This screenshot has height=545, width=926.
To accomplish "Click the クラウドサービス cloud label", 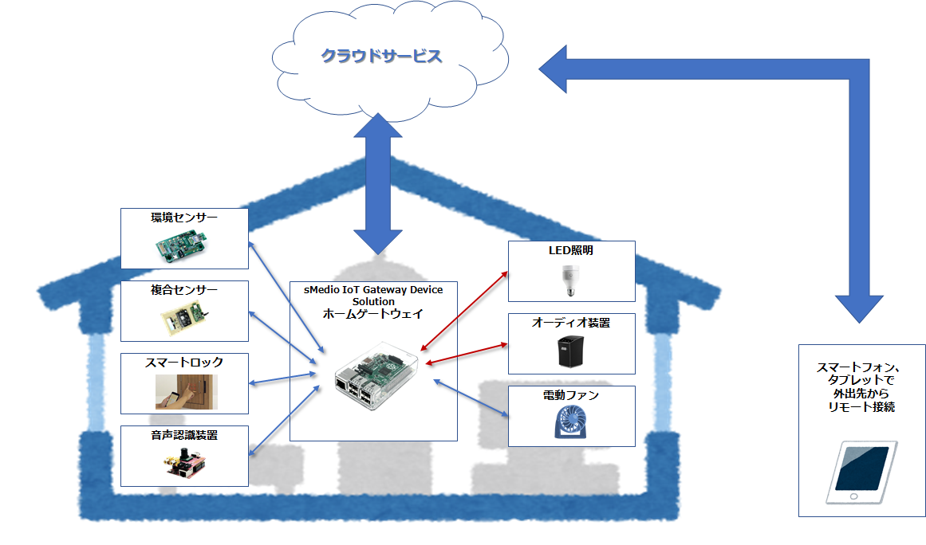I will [x=381, y=57].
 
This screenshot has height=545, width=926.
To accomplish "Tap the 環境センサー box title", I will [x=184, y=217].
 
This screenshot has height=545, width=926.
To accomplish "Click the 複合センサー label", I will [x=184, y=289].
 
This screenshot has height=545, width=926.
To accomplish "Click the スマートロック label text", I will [x=184, y=362].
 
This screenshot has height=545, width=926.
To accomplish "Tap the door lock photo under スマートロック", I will [x=186, y=391].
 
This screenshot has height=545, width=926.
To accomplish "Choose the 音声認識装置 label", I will [x=184, y=434].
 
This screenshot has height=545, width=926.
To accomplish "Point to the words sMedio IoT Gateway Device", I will [x=373, y=290].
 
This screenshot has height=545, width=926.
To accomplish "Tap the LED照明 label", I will [x=571, y=250].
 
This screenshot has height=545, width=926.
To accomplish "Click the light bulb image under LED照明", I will [x=571, y=278].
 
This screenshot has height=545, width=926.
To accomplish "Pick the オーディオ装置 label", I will [x=571, y=323].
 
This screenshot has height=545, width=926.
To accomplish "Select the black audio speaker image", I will [x=571, y=351].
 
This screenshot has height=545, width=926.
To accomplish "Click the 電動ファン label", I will [x=571, y=395].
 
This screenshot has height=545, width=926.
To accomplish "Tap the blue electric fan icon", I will [x=571, y=422].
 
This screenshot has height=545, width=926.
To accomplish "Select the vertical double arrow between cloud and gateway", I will [x=380, y=183].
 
